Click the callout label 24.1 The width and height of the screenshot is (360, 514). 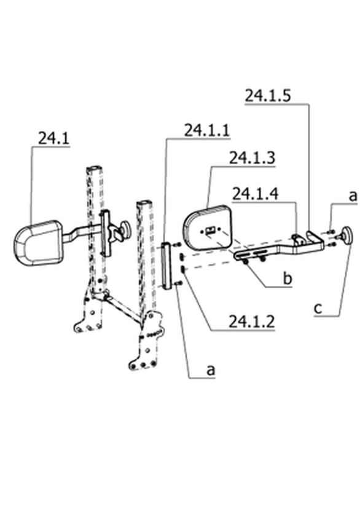click(x=53, y=138)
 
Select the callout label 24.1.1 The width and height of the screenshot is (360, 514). click(x=206, y=130)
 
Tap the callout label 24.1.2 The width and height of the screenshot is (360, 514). click(x=251, y=322)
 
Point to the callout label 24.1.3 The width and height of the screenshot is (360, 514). click(x=252, y=158)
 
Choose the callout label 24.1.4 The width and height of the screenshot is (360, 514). click(x=255, y=194)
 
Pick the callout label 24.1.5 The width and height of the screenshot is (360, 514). click(x=268, y=95)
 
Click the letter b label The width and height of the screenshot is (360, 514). click(x=288, y=279)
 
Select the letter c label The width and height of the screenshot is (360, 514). click(x=318, y=309)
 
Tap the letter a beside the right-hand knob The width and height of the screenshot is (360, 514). click(x=353, y=196)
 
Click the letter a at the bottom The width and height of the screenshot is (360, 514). click(x=211, y=370)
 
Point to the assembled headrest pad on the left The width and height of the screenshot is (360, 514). click(x=38, y=242)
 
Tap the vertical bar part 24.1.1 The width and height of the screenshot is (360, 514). click(x=166, y=266)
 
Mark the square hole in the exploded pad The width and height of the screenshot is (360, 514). click(x=209, y=231)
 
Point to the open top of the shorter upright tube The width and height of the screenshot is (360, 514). click(x=144, y=202)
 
